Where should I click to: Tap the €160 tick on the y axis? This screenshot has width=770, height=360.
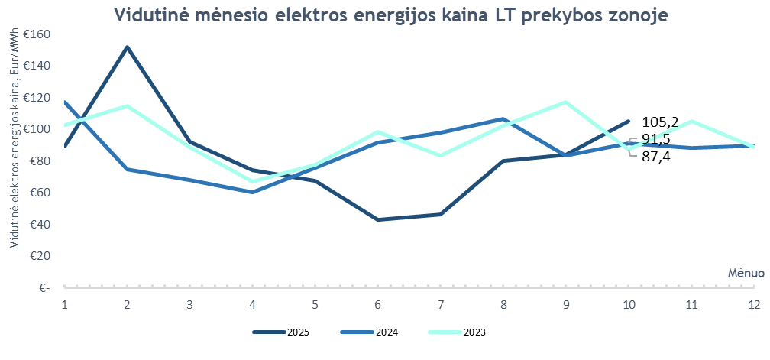36,34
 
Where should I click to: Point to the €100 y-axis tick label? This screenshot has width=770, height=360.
36,129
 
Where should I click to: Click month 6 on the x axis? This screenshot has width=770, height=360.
378,303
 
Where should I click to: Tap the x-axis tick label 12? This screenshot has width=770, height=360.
753,303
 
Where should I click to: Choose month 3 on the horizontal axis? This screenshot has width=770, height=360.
189,303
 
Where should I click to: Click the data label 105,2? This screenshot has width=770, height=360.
660,122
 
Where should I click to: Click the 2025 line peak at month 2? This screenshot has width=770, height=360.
127,47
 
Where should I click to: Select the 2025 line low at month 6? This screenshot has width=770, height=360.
378,220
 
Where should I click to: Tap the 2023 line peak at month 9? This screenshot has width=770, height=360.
566,102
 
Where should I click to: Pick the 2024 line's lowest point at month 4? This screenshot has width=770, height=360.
252,192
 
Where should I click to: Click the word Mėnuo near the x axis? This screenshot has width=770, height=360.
740,272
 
